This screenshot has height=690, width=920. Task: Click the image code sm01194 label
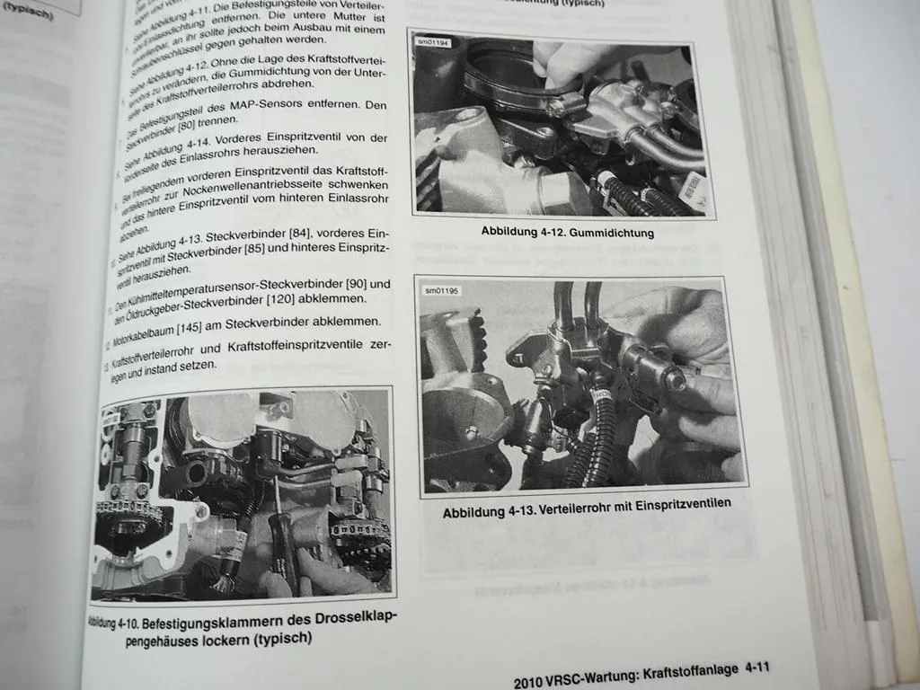[x=433, y=42]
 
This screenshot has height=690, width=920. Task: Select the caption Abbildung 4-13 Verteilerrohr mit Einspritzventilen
[x=587, y=509]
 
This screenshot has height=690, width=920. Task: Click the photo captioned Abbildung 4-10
[x=243, y=498]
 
